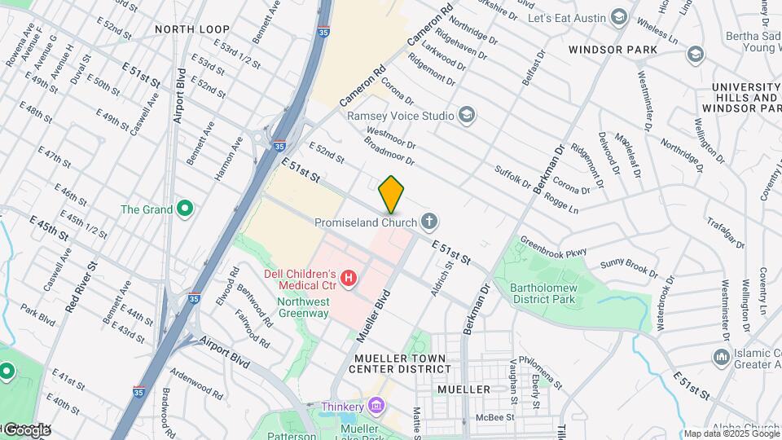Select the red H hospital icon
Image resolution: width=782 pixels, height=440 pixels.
349,279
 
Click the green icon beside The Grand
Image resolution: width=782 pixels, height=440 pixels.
185,209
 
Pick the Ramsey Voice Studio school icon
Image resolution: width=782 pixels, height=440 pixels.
467,115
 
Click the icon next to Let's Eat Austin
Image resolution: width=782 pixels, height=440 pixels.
619,17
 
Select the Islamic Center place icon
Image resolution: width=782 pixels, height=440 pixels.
720,357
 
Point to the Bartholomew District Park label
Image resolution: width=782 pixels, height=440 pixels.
543,293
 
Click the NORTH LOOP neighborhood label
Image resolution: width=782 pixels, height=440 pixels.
192,29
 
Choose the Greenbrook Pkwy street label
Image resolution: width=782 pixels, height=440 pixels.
553,247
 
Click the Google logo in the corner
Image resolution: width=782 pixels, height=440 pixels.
26,429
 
